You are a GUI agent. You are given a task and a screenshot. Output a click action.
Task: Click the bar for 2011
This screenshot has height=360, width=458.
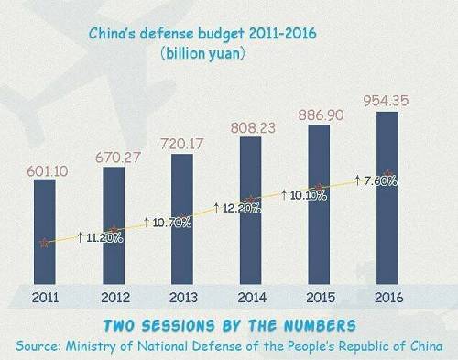(x=45, y=232)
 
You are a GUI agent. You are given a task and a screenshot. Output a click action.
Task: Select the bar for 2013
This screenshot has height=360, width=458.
(x=182, y=219)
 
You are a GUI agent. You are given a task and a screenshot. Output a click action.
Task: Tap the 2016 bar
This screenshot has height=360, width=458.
(x=387, y=198)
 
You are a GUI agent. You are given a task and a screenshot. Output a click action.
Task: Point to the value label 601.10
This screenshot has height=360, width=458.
(x=48, y=171)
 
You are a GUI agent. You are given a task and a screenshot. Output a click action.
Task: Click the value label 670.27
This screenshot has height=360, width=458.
(x=118, y=158)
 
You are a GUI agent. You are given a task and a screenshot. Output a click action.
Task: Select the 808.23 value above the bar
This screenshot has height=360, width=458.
(x=253, y=128)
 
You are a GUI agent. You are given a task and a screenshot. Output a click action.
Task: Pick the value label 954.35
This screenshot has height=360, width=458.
(x=386, y=101)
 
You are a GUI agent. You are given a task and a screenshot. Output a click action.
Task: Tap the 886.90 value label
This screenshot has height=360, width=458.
(x=321, y=115)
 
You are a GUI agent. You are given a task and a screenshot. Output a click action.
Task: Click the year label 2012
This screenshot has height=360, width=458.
(x=115, y=298)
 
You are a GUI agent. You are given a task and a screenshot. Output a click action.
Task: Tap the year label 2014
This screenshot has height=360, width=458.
(x=252, y=298)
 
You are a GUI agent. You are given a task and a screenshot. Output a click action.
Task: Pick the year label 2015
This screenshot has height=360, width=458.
(x=321, y=298)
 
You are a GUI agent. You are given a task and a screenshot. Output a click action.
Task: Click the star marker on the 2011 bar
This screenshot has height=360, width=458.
(x=45, y=243)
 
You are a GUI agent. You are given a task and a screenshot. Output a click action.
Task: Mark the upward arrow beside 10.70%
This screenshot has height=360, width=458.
(x=147, y=223)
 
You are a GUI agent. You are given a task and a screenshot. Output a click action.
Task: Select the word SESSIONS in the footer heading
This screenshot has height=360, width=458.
(x=179, y=325)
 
